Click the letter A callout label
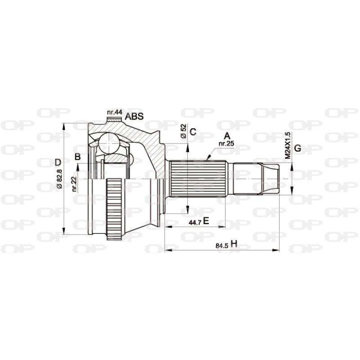tap(227, 135)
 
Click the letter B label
tap(77, 157)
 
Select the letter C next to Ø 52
tap(193, 132)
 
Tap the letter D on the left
tap(58, 162)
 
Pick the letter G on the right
tap(297, 148)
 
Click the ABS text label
tap(134, 117)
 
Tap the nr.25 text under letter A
tap(226, 144)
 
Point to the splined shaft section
tap(198, 179)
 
